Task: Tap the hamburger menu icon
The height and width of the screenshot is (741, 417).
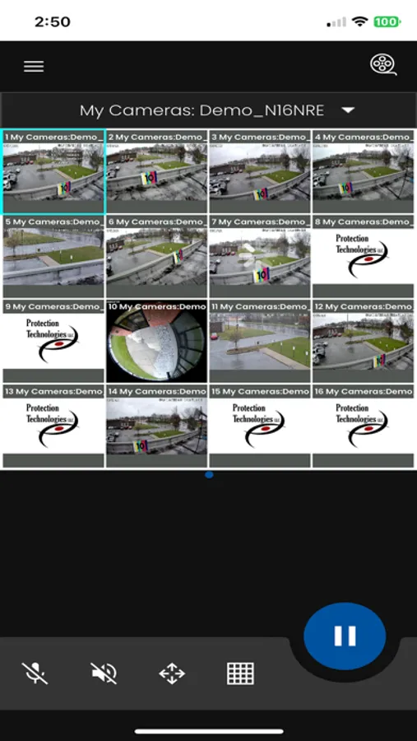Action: [34, 67]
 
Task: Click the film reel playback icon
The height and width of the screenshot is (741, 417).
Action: [382, 64]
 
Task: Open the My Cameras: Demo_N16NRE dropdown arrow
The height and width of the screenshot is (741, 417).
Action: [348, 110]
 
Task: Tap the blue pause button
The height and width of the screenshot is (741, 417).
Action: [345, 636]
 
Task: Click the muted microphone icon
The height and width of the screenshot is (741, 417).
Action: [35, 673]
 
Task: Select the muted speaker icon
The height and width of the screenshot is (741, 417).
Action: [104, 673]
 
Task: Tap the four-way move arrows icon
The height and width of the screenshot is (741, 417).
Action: [172, 673]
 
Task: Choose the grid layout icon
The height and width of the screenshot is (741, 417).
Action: [240, 673]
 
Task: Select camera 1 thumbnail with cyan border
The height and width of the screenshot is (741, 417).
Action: [53, 171]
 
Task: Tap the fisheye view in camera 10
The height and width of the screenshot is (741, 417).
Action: [156, 341]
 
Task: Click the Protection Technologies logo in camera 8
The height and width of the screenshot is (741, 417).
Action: [362, 256]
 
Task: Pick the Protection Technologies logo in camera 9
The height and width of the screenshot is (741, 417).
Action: [53, 341]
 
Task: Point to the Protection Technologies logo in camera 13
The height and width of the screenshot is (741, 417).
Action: [53, 426]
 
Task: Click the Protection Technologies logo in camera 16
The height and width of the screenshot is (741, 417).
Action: [362, 426]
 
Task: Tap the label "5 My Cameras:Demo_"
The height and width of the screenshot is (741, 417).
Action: [53, 222]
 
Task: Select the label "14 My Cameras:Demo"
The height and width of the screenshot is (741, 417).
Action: [156, 392]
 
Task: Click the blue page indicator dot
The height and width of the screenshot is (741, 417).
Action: [209, 474]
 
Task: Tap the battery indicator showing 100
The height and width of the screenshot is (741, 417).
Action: [387, 22]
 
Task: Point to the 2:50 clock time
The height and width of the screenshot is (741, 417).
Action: [53, 22]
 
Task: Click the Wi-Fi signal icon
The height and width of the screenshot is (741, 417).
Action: [359, 22]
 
